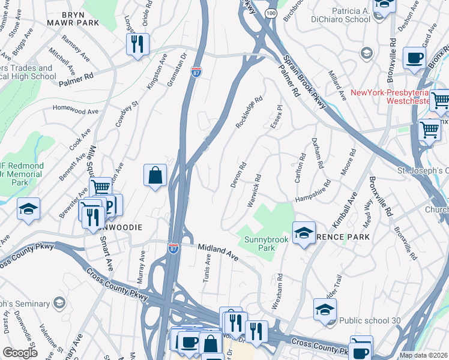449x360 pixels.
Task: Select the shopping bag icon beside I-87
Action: click(x=155, y=175)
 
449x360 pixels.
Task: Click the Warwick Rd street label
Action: click(x=255, y=191)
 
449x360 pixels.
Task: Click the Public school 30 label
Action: click(x=369, y=320)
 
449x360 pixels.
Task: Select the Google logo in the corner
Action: click(x=20, y=352)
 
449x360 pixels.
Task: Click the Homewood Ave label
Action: click(x=75, y=110)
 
